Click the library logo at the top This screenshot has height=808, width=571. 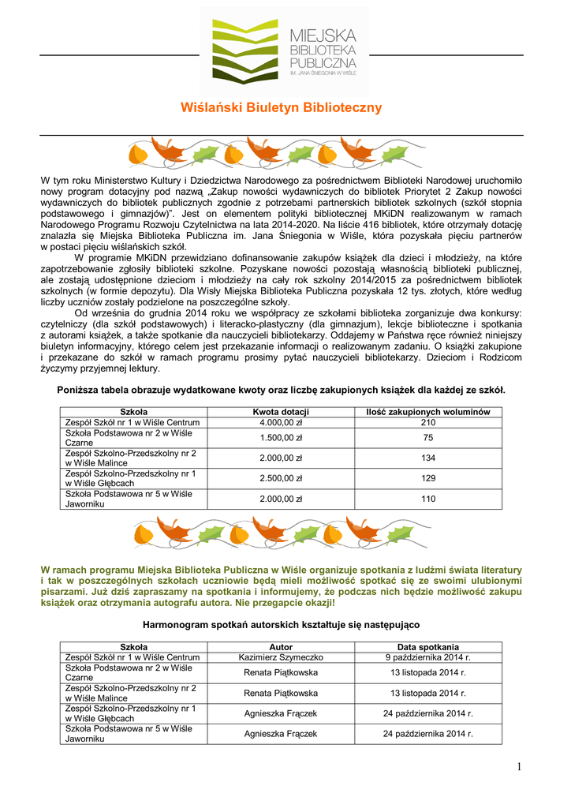click(x=285, y=49)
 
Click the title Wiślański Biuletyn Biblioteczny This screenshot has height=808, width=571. click(x=282, y=107)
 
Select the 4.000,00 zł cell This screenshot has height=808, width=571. click(x=281, y=423)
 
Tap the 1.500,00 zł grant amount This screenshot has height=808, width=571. click(x=281, y=438)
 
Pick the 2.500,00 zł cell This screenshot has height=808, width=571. click(x=281, y=478)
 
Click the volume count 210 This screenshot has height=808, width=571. click(x=428, y=423)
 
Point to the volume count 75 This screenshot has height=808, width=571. click(x=428, y=438)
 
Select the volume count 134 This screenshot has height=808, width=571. click(x=428, y=458)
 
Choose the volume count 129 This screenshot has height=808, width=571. click(x=428, y=478)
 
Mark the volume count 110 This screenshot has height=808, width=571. click(x=428, y=499)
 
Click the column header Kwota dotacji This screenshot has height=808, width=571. click(x=281, y=412)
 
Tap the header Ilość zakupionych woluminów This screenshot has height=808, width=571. click(x=428, y=412)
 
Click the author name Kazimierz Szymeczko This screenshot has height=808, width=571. click(x=281, y=657)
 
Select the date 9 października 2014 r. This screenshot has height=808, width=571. click(x=428, y=657)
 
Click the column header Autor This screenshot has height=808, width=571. click(x=281, y=647)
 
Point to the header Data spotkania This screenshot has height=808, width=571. click(x=428, y=647)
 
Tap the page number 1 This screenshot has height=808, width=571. click(x=521, y=767)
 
